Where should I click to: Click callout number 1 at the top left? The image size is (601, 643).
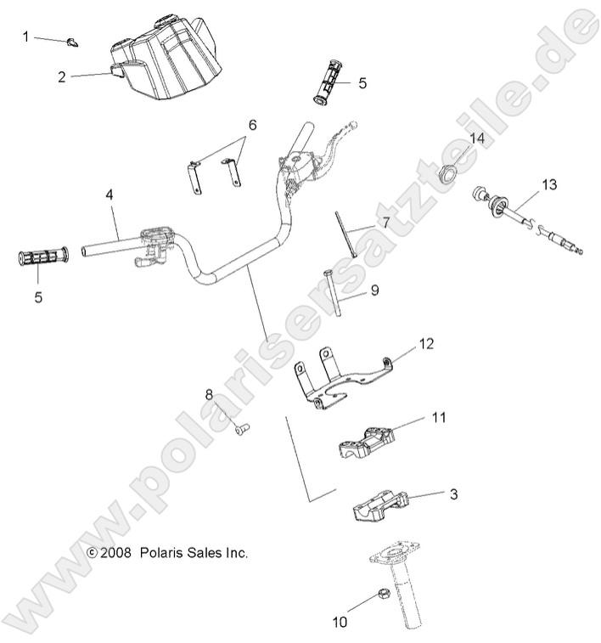(25, 37)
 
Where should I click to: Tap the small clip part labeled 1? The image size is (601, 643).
(73, 40)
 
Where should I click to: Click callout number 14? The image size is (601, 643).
(477, 138)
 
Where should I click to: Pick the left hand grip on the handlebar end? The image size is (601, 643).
(42, 257)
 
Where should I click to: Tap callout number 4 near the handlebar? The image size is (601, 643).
(110, 195)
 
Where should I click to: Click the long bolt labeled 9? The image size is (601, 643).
(333, 293)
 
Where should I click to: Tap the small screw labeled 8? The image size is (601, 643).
(240, 429)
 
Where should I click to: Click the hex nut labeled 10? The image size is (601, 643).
(383, 595)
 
